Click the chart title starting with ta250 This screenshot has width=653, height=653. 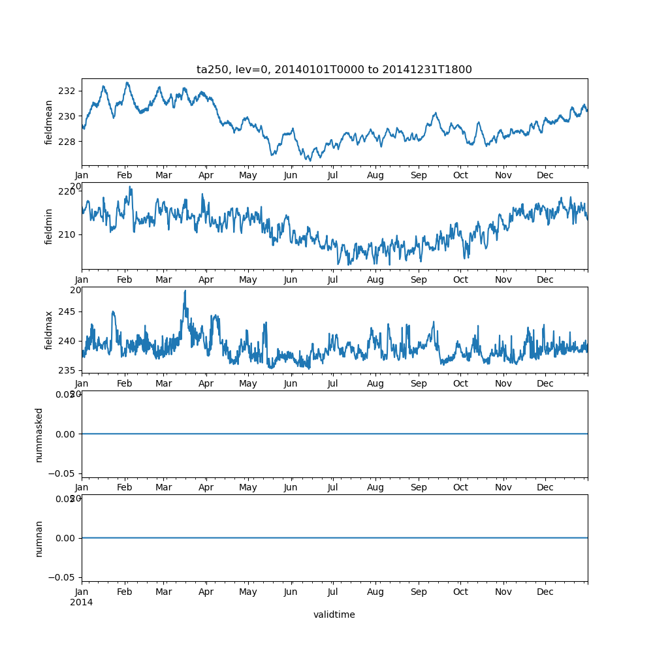click(334, 69)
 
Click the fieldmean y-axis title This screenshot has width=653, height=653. click(49, 122)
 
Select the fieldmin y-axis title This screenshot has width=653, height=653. click(49, 226)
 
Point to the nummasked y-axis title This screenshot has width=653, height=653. click(39, 434)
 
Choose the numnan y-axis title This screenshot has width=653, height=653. click(39, 538)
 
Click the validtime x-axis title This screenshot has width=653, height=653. click(334, 614)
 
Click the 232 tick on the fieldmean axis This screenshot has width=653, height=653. click(67, 91)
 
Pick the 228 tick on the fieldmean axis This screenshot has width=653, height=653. click(67, 142)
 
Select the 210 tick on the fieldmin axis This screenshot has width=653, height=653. click(67, 234)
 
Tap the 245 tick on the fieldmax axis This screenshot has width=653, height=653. click(67, 311)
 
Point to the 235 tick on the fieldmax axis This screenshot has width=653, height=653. click(67, 370)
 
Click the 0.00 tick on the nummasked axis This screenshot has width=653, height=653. click(64, 434)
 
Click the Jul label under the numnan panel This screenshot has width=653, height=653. click(333, 592)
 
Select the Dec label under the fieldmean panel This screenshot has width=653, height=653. click(545, 176)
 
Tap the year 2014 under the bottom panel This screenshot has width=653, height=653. click(82, 602)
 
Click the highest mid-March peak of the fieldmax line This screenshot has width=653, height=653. click(185, 291)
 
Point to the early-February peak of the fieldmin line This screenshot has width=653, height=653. click(130, 187)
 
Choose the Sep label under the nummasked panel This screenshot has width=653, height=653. click(419, 488)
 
